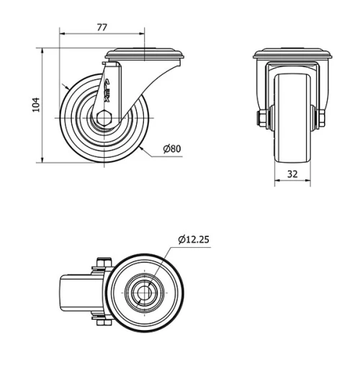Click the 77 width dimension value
pos(102,27)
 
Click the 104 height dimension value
pos(35,105)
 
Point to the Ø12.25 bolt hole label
pos(193,239)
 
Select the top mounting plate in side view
pos(147,54)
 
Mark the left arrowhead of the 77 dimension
pos(62,33)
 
